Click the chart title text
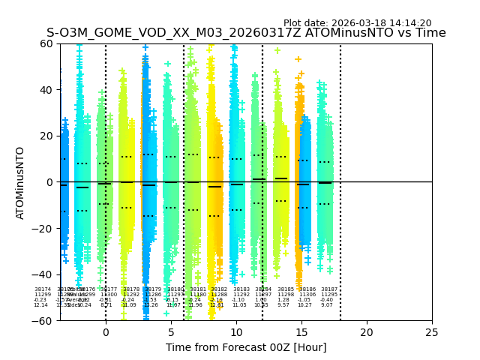(x=246, y=33)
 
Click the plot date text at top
(x=357, y=23)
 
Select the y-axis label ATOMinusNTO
(x=21, y=182)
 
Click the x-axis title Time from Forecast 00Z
(x=246, y=347)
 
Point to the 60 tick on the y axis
(x=46, y=43)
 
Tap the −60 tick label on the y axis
(x=43, y=320)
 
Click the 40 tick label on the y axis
(x=46, y=90)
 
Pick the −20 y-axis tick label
(x=43, y=229)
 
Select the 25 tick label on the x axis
(x=432, y=332)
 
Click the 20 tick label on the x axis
(x=367, y=332)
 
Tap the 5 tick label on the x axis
(x=171, y=332)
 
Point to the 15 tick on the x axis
(x=301, y=332)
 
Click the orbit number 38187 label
(x=329, y=289)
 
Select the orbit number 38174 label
(x=43, y=289)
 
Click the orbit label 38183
(x=241, y=289)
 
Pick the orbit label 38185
(x=286, y=289)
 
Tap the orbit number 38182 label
(x=219, y=289)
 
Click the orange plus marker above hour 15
(x=298, y=59)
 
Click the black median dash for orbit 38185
(x=281, y=178)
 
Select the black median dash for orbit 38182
(x=215, y=186)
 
